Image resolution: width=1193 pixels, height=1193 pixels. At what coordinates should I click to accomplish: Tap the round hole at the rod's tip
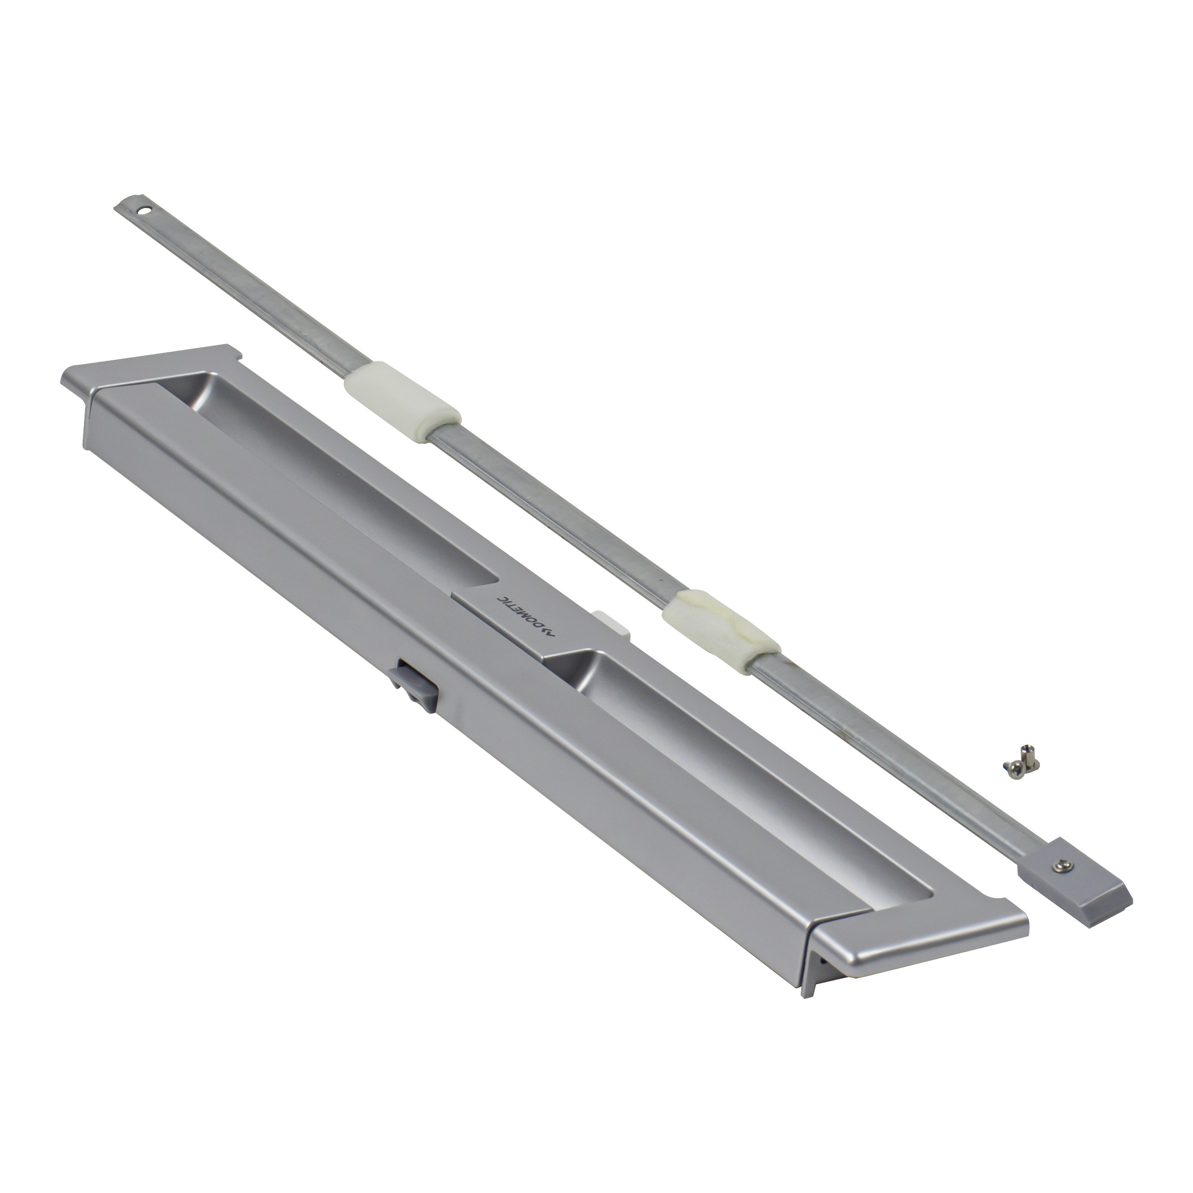click(x=145, y=210)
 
